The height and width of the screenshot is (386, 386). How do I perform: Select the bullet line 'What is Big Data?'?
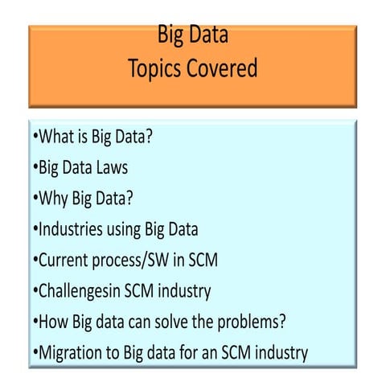pos(92,137)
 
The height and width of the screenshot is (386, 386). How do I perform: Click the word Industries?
pos(71,229)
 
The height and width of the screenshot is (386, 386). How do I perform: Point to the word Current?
pos(64,261)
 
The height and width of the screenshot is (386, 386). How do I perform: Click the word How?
pos(52,322)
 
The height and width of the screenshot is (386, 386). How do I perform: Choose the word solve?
pos(183,322)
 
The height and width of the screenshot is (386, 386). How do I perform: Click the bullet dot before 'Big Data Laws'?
pos(35,168)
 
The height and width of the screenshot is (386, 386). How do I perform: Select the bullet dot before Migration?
pos(35,352)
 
